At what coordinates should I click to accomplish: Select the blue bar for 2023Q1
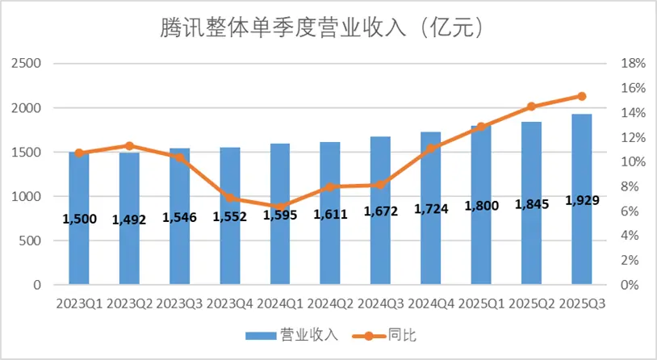(78, 242)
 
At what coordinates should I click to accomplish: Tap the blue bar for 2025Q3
(582, 242)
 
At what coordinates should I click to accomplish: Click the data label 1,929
(582, 200)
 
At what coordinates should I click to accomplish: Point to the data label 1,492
(129, 219)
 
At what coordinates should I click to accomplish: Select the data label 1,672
(380, 212)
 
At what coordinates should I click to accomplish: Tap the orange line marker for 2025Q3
(582, 96)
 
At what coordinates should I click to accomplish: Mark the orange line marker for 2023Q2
(129, 146)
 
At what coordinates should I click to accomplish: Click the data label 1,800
(481, 206)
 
